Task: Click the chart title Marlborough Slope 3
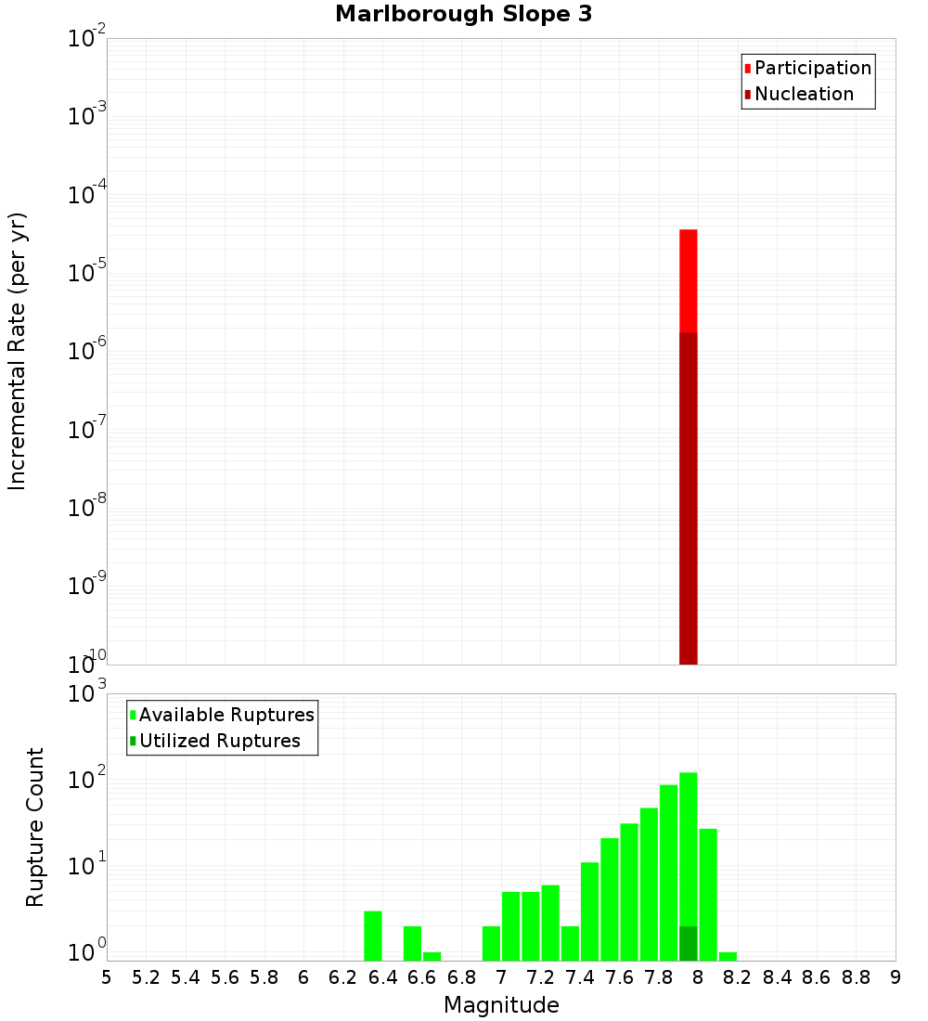click(463, 14)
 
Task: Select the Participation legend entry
click(812, 68)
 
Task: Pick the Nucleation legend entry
click(803, 94)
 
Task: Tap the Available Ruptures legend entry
click(226, 715)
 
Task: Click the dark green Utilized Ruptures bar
click(689, 943)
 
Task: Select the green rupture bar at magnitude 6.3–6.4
click(373, 936)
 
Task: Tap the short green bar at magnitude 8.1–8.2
click(728, 956)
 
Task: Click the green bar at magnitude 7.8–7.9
click(669, 872)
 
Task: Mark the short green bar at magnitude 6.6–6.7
click(432, 956)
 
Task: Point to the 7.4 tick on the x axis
click(580, 977)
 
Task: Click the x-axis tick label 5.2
click(146, 977)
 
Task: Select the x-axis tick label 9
click(896, 977)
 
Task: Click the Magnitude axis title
click(501, 1005)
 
